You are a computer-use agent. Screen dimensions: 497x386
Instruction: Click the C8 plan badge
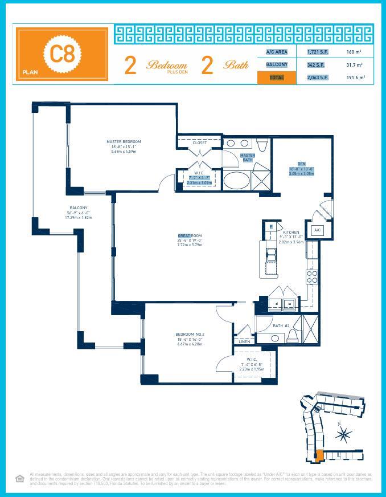[61, 54]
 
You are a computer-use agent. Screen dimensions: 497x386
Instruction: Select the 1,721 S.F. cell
[317, 52]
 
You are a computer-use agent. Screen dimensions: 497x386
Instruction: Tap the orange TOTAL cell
[277, 78]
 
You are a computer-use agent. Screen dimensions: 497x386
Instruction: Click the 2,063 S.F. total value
[317, 78]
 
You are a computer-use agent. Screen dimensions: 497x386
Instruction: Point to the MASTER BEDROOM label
[124, 142]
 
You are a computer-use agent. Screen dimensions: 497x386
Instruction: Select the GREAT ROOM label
[190, 236]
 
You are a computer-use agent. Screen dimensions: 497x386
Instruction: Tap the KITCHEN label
[291, 233]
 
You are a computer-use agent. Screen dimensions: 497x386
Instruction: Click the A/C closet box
[318, 230]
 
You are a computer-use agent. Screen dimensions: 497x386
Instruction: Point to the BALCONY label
[79, 208]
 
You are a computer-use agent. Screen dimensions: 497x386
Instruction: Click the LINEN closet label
[244, 341]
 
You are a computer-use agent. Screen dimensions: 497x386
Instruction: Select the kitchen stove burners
[313, 277]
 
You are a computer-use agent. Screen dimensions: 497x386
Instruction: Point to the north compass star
[343, 435]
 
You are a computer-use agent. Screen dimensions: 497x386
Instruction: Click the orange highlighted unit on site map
[319, 455]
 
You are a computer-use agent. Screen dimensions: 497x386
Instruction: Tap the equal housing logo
[19, 479]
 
